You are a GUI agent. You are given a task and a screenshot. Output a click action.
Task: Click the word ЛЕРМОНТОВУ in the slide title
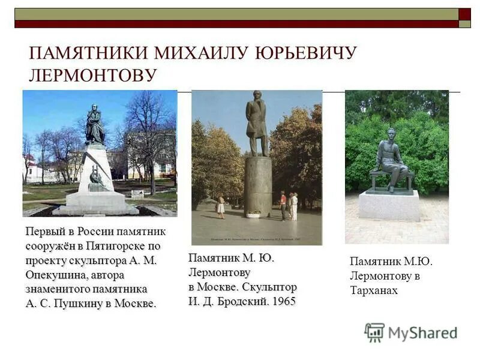coord(93,75)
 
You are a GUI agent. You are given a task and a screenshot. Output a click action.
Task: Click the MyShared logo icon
coord(374,332)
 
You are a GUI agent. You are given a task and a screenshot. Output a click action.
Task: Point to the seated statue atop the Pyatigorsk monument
coord(94,125)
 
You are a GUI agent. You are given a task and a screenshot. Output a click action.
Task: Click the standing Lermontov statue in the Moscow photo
coord(257,123)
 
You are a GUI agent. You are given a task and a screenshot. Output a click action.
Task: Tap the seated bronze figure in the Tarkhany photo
coord(389,160)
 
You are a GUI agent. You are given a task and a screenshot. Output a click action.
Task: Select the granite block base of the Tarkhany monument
coord(389,205)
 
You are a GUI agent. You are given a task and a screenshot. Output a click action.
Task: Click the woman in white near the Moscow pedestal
coord(221,206)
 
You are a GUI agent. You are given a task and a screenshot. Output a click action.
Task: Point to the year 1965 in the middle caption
coord(284,301)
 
